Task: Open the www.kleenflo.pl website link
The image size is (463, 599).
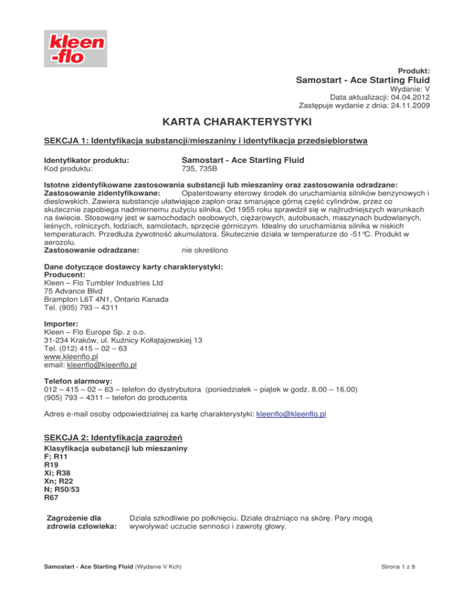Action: point(71,356)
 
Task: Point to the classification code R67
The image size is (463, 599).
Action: point(52,499)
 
